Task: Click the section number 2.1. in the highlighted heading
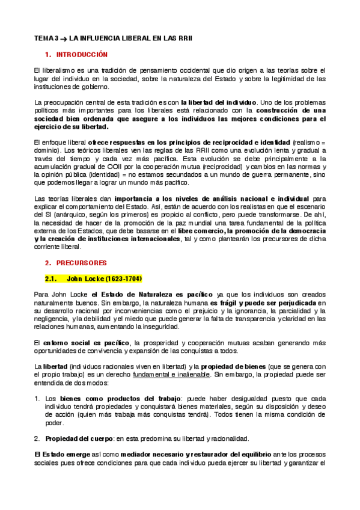click(52, 278)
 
